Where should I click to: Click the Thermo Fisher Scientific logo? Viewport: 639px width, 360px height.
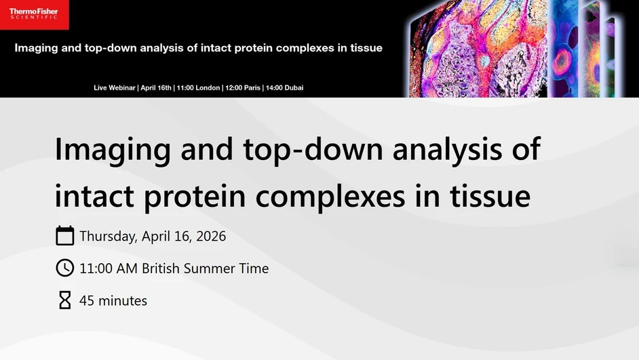pyautogui.click(x=34, y=14)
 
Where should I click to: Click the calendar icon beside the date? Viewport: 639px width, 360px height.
pyautogui.click(x=64, y=236)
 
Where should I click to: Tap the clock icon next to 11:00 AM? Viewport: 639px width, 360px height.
pyautogui.click(x=64, y=268)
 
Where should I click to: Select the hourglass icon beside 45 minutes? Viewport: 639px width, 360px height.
pyautogui.click(x=64, y=300)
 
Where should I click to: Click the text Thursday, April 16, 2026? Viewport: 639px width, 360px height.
pyautogui.click(x=153, y=237)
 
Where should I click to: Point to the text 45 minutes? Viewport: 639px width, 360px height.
pyautogui.click(x=113, y=300)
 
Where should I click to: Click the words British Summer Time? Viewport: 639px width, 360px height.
pyautogui.click(x=205, y=268)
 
